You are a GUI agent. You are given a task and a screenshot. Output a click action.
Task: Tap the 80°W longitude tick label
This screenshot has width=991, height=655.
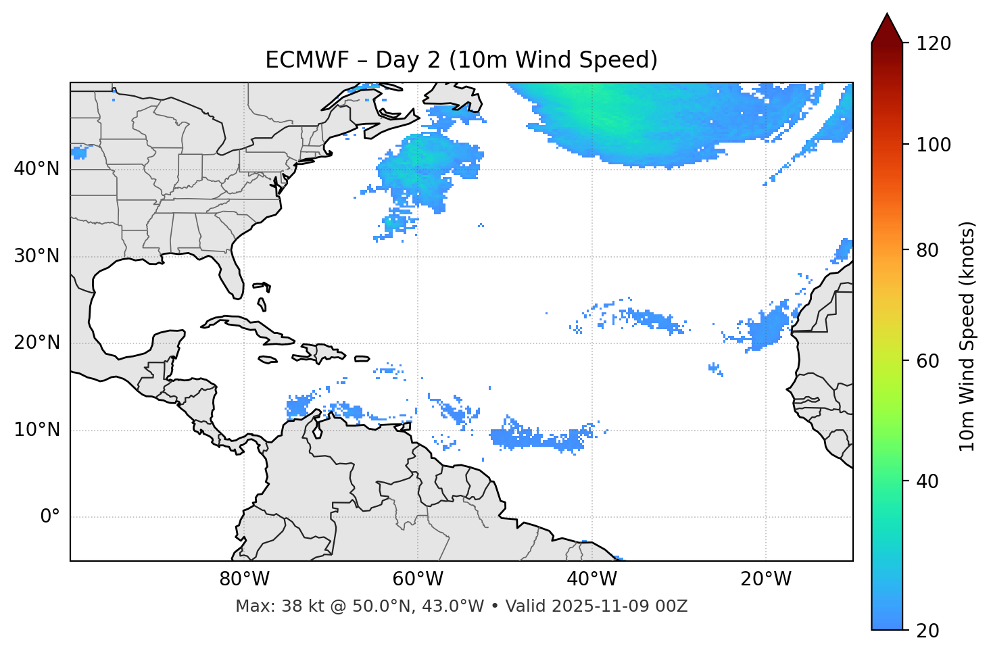click(x=244, y=579)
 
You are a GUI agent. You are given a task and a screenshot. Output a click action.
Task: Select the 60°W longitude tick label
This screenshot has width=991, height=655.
click(x=418, y=579)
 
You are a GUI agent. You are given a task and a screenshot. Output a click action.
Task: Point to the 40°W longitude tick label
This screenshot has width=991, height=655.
click(x=591, y=579)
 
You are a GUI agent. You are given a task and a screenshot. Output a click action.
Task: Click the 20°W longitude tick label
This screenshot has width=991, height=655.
click(x=765, y=579)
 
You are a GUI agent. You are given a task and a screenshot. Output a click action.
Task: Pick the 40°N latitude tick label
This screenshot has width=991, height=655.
click(x=37, y=169)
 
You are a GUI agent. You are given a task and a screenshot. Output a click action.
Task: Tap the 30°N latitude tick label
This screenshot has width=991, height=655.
click(x=37, y=256)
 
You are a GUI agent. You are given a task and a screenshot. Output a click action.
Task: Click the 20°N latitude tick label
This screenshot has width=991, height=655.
click(x=37, y=343)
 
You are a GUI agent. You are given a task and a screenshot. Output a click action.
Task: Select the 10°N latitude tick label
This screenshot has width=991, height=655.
click(x=37, y=430)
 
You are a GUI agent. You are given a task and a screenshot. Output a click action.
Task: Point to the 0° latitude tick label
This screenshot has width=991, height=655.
click(x=50, y=517)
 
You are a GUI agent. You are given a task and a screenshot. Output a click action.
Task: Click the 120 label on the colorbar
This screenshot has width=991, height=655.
click(x=933, y=44)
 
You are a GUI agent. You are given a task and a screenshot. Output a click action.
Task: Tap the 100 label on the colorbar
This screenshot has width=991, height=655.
click(x=933, y=145)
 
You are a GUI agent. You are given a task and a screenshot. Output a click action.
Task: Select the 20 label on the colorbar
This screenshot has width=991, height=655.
click(x=927, y=631)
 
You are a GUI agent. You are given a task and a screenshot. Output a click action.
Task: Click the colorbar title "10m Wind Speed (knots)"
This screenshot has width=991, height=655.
click(x=967, y=337)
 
